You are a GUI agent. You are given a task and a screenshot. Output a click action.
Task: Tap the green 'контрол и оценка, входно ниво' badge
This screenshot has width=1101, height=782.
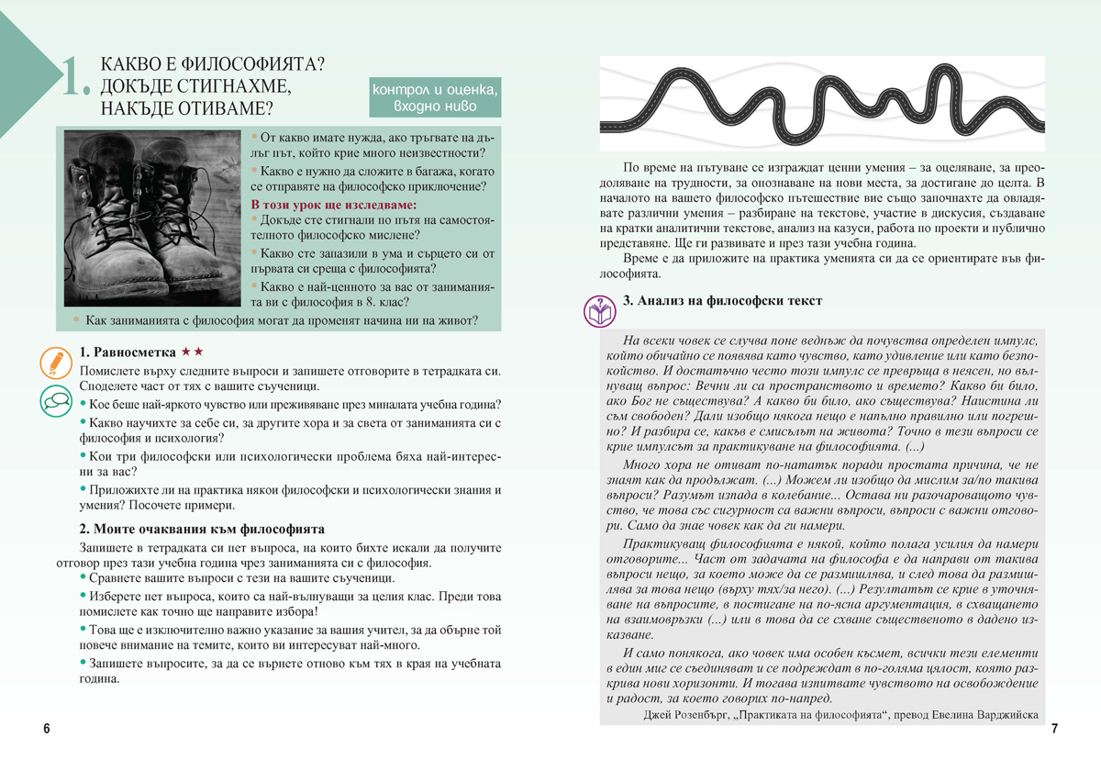(435, 97)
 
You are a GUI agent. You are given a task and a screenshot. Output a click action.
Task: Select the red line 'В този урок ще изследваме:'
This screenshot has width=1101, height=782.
(333, 204)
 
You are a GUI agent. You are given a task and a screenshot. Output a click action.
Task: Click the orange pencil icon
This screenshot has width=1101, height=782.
(57, 363)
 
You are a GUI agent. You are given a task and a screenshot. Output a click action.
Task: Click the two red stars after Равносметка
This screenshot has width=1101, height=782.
(193, 352)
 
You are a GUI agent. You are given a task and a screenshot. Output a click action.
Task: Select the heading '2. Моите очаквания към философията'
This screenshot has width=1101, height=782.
(202, 530)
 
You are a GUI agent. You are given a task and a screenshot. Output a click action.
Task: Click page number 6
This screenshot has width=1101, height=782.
(47, 729)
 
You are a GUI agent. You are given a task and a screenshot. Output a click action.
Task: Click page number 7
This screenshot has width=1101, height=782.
(1054, 729)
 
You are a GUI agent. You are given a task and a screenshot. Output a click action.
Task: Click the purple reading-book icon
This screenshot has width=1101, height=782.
(599, 310)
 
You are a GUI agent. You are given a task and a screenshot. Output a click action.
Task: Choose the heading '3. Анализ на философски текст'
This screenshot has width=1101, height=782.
(722, 300)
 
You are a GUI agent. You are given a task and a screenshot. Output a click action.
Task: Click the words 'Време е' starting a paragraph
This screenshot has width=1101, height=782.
(646, 259)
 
